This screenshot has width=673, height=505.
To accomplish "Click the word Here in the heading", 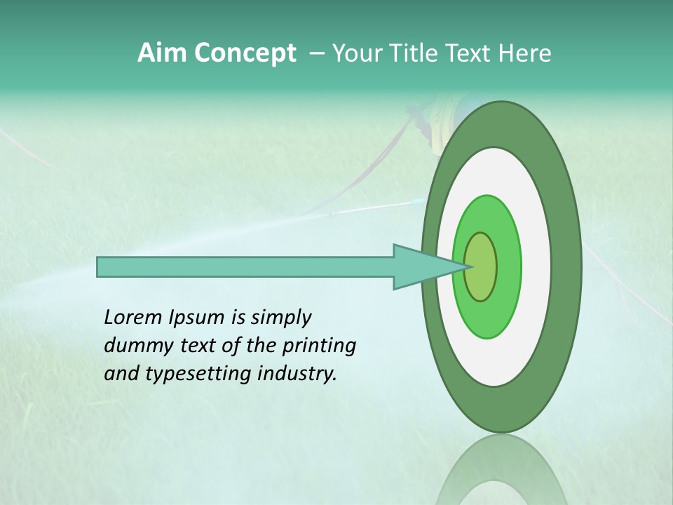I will pyautogui.click(x=525, y=53).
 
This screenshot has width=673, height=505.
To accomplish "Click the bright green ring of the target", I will pyautogui.click(x=508, y=267).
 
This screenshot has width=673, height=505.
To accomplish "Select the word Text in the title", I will pyautogui.click(x=469, y=53).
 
